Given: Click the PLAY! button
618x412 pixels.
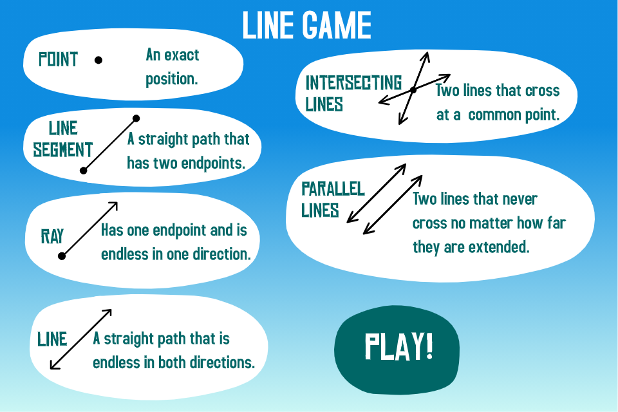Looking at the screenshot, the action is [397, 350].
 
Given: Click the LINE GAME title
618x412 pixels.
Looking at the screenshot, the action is [306, 25].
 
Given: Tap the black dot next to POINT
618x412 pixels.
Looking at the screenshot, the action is [98, 60].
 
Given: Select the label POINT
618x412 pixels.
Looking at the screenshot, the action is [59, 59].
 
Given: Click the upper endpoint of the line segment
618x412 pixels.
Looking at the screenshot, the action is [136, 118].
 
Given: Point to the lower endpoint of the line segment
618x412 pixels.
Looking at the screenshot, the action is [83, 171].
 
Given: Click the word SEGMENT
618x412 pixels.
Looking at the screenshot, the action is [62, 150].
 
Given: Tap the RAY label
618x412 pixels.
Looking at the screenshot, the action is [52, 236].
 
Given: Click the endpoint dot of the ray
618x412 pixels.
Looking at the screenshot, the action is [62, 256].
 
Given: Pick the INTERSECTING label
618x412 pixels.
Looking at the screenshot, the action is [353, 83].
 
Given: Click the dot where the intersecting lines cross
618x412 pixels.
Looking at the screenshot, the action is [413, 90].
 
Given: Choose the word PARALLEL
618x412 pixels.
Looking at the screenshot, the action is [333, 189].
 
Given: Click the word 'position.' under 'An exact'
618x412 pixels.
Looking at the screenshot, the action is [171, 79].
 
